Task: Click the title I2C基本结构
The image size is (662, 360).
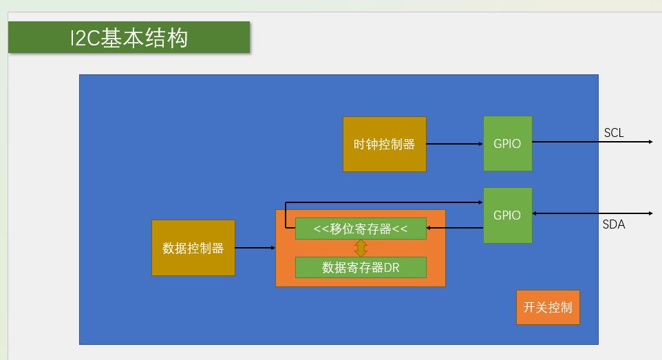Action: click(129, 38)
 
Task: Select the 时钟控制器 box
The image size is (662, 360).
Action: click(384, 145)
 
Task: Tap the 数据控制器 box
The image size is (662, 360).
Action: click(193, 248)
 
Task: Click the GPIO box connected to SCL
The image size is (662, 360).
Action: click(507, 144)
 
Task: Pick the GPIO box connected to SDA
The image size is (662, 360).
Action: click(507, 215)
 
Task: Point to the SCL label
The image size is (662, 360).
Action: click(614, 133)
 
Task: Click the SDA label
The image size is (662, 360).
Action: click(614, 224)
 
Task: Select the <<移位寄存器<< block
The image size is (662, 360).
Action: click(361, 229)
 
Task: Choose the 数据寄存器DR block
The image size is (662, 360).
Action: click(361, 267)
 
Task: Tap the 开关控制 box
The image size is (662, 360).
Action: click(548, 307)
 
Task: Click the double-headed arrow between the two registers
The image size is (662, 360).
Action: click(361, 248)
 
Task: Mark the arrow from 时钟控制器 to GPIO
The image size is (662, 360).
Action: click(454, 144)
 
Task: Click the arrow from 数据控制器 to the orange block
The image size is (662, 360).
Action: click(255, 248)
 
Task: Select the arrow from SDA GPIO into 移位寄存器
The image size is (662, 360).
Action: click(454, 228)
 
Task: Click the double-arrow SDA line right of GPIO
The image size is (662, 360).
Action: click(592, 213)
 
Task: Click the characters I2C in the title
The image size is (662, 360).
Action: click(85, 39)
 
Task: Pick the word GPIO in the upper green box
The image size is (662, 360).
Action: click(507, 144)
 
